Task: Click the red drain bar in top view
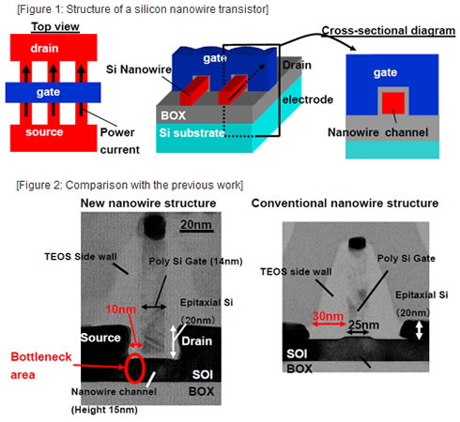tap(54, 48)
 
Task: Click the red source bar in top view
tap(54, 138)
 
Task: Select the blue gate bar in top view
tap(53, 93)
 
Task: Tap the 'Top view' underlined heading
tap(55, 26)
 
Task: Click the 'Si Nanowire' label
tap(139, 69)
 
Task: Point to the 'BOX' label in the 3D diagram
tap(173, 115)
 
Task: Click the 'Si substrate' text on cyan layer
tap(192, 133)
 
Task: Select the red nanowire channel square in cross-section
tap(393, 103)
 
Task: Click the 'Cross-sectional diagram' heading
tap(389, 31)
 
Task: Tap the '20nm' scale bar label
tap(196, 225)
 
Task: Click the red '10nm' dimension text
tap(121, 309)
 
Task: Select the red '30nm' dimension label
tap(328, 316)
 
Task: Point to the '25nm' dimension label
tap(363, 324)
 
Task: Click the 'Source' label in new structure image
tap(100, 338)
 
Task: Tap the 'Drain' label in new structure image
tap(197, 341)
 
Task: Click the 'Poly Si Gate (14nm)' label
tap(195, 262)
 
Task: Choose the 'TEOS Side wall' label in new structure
tap(81, 257)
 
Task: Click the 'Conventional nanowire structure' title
tap(345, 203)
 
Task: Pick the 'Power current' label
tap(120, 141)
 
